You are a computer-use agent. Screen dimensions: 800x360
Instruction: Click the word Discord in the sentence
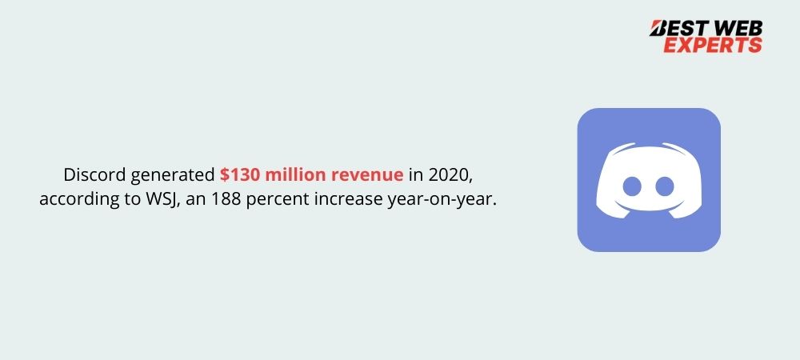coord(94,175)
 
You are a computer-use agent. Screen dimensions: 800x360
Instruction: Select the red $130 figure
coord(240,175)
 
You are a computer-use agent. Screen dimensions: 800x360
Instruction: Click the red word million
coord(296,175)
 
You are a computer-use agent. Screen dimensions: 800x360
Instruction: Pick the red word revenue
coord(367,176)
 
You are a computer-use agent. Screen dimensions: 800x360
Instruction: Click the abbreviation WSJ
coord(162,199)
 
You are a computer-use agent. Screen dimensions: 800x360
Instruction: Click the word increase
coord(348,199)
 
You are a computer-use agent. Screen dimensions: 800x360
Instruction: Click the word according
coord(74,200)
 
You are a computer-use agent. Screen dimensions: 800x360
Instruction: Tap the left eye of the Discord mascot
coord(632,186)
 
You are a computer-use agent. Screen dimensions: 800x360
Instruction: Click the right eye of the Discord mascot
coord(665,186)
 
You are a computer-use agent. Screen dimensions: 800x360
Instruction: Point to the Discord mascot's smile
coord(649,206)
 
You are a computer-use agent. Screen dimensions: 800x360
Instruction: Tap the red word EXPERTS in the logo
coord(713,45)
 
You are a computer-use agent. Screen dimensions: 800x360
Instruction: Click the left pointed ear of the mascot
coord(619,148)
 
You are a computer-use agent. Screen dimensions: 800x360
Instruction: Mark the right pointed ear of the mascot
coord(678,148)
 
